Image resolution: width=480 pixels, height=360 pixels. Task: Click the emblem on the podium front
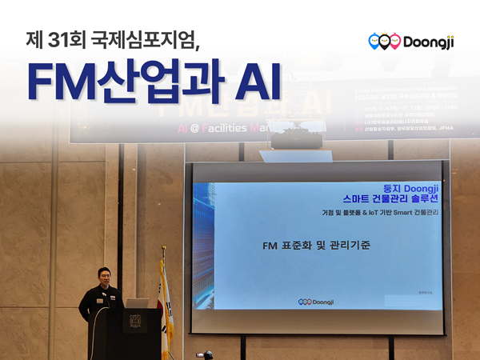(134, 323)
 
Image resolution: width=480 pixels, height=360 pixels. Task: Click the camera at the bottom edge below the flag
(206, 354)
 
